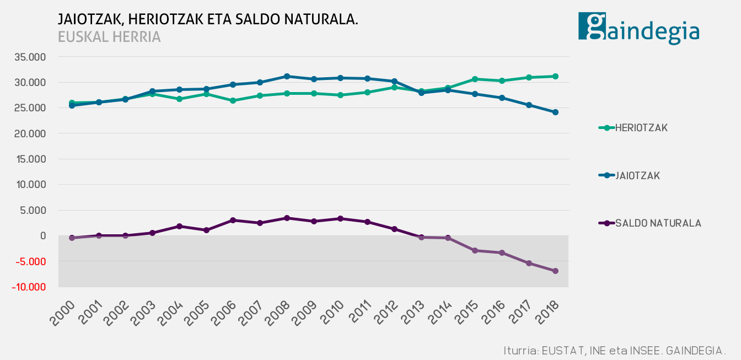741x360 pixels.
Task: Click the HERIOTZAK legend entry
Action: point(641,128)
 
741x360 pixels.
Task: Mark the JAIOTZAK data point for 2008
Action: point(287,76)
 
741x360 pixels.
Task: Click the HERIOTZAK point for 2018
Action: point(555,76)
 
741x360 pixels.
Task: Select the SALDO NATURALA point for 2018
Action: point(555,271)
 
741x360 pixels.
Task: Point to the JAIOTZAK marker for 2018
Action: point(555,112)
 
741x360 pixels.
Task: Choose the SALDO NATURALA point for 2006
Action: point(233,220)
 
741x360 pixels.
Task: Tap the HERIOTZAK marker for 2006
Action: point(233,100)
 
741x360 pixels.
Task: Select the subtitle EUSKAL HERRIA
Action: point(109,37)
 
